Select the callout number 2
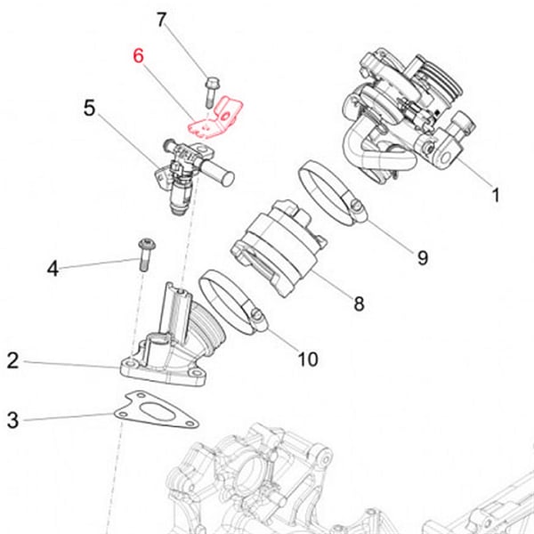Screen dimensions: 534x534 12,360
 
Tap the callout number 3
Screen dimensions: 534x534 12,419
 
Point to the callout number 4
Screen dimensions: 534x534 53,268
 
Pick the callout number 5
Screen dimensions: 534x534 90,109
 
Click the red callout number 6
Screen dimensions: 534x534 138,55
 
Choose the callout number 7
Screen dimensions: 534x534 161,20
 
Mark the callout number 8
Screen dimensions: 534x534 359,303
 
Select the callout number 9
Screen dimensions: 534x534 422,258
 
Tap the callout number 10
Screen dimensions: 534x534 307,360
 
